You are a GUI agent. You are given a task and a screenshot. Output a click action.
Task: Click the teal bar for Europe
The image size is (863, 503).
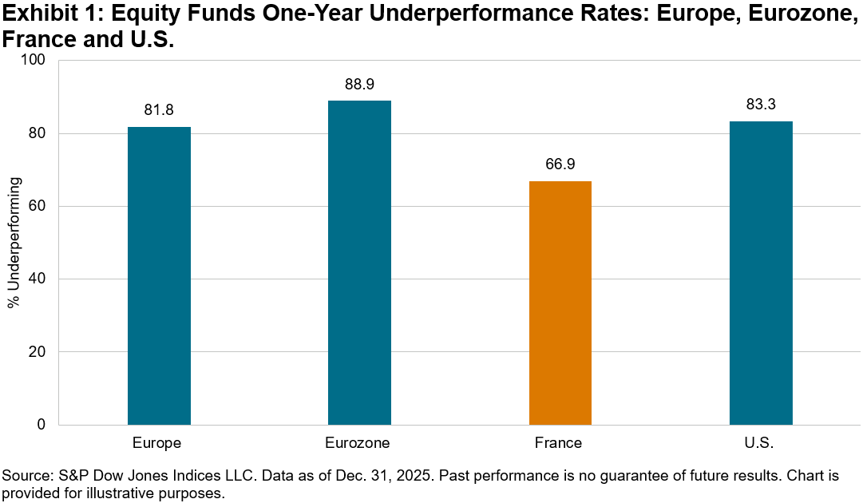click(159, 275)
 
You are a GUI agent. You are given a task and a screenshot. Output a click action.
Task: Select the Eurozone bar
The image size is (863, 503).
click(359, 263)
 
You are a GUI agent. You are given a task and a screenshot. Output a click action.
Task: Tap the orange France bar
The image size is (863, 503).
click(560, 303)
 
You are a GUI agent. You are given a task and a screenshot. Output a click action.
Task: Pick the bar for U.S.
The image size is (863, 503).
click(761, 273)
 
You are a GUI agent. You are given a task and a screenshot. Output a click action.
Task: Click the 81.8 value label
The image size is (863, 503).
click(159, 110)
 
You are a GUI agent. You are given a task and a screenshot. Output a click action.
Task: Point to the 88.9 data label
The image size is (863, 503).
click(359, 84)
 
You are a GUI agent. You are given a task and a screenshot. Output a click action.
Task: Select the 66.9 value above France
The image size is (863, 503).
click(560, 164)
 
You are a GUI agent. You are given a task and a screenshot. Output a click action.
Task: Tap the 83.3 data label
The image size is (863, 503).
click(761, 105)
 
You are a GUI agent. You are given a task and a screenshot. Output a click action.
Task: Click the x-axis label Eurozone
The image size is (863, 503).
click(359, 443)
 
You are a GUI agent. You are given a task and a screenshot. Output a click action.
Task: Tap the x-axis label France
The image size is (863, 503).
click(560, 443)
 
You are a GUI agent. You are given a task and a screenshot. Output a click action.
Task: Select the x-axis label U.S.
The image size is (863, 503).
click(761, 443)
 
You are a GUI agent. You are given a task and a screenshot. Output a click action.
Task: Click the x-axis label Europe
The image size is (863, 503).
click(159, 443)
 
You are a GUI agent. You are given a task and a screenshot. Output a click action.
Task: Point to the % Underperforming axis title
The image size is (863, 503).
click(13, 243)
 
